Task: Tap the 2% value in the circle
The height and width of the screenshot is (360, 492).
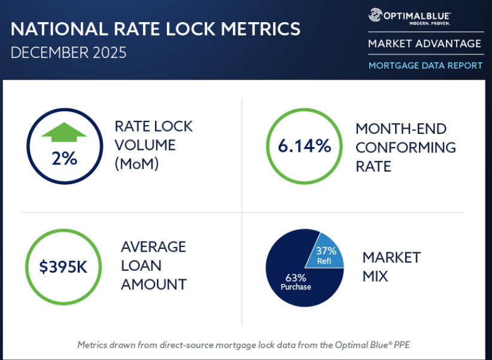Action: (63, 159)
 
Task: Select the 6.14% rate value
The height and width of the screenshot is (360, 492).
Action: (304, 145)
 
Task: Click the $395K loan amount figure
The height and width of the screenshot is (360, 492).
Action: (63, 267)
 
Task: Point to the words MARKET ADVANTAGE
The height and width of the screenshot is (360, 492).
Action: (424, 44)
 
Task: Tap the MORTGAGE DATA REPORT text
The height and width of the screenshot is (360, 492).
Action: (425, 65)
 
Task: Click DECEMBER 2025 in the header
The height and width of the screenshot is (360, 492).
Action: (69, 53)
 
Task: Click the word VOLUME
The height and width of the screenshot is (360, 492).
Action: (145, 145)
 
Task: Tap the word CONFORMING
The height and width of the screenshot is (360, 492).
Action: (406, 147)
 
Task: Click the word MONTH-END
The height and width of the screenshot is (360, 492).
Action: (401, 129)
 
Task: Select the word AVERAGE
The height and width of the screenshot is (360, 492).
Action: (153, 247)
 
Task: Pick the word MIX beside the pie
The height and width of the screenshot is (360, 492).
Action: (375, 276)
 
